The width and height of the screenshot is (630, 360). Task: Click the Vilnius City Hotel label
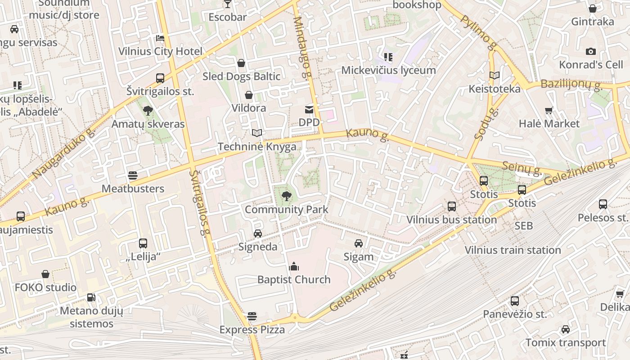160,51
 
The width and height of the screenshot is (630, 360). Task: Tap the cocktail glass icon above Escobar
227,4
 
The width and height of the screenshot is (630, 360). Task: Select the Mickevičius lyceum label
388,70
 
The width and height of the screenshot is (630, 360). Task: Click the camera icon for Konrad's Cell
591,52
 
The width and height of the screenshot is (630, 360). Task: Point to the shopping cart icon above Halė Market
549,110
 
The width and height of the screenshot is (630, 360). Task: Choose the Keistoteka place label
494,89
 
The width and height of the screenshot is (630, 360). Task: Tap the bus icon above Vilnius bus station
452,207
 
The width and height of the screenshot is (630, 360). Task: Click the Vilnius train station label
513,250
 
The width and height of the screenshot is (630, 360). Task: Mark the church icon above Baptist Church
294,266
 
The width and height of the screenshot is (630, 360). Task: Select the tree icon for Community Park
286,196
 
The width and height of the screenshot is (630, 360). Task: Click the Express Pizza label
252,330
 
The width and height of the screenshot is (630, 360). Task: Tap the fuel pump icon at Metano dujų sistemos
91,297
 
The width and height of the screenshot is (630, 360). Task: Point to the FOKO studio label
45,287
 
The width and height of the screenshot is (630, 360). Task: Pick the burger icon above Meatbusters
132,175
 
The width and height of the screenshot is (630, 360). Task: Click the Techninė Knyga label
257,147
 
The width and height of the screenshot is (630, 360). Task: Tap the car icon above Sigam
359,243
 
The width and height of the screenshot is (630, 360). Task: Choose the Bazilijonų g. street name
571,84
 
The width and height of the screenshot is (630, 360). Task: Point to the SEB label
524,226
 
